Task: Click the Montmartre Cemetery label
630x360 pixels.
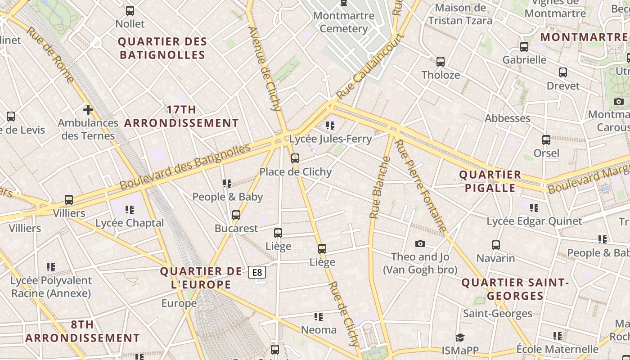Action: (344, 22)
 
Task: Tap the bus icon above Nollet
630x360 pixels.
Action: (130, 11)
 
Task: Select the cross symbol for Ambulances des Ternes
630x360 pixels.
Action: (88, 109)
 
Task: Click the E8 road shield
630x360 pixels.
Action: (257, 272)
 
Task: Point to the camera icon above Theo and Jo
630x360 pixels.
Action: (420, 243)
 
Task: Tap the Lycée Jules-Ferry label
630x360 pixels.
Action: (330, 139)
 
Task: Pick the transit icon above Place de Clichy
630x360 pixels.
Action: (295, 158)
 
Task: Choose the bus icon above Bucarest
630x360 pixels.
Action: (236, 215)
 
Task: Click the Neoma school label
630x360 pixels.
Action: (319, 330)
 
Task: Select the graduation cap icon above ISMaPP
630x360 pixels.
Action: (459, 337)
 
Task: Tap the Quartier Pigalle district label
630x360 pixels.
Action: (490, 181)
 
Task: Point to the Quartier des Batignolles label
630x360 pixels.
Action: (162, 48)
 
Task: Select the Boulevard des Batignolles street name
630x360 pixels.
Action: (184, 166)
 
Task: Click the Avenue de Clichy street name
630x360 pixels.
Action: (265, 67)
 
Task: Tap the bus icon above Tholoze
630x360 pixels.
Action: (441, 62)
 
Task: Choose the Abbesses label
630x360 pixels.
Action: (507, 118)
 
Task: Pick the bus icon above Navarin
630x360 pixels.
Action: (496, 245)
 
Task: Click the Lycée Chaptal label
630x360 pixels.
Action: (130, 223)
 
